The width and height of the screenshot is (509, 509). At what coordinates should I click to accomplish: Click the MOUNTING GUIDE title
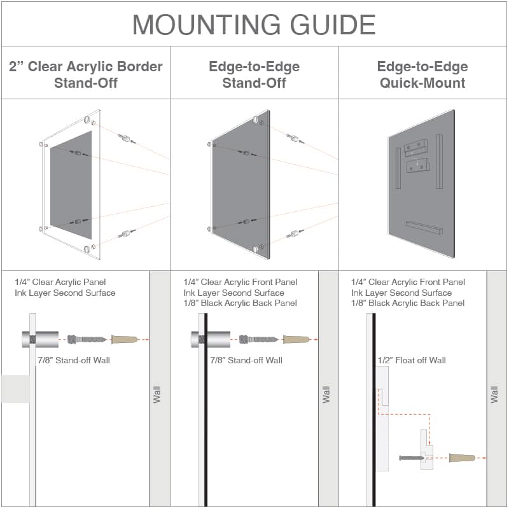tap(254, 24)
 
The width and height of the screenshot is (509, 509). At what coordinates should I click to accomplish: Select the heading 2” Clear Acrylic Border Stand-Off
tap(86, 74)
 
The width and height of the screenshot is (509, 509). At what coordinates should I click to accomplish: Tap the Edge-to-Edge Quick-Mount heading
tap(422, 74)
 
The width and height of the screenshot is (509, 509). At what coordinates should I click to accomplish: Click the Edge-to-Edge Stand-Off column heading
tap(254, 74)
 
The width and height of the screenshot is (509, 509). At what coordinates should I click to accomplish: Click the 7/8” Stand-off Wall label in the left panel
tap(74, 360)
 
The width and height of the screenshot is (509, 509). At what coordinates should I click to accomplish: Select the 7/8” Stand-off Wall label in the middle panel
tap(246, 360)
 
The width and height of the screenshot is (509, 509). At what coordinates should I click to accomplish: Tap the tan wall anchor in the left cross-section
tap(125, 339)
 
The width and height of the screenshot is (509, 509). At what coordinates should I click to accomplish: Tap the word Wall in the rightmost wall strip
tap(495, 394)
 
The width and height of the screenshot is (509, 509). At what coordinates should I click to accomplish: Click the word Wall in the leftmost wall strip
tap(157, 394)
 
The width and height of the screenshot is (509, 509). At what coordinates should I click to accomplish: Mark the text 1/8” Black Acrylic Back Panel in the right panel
tap(407, 303)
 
